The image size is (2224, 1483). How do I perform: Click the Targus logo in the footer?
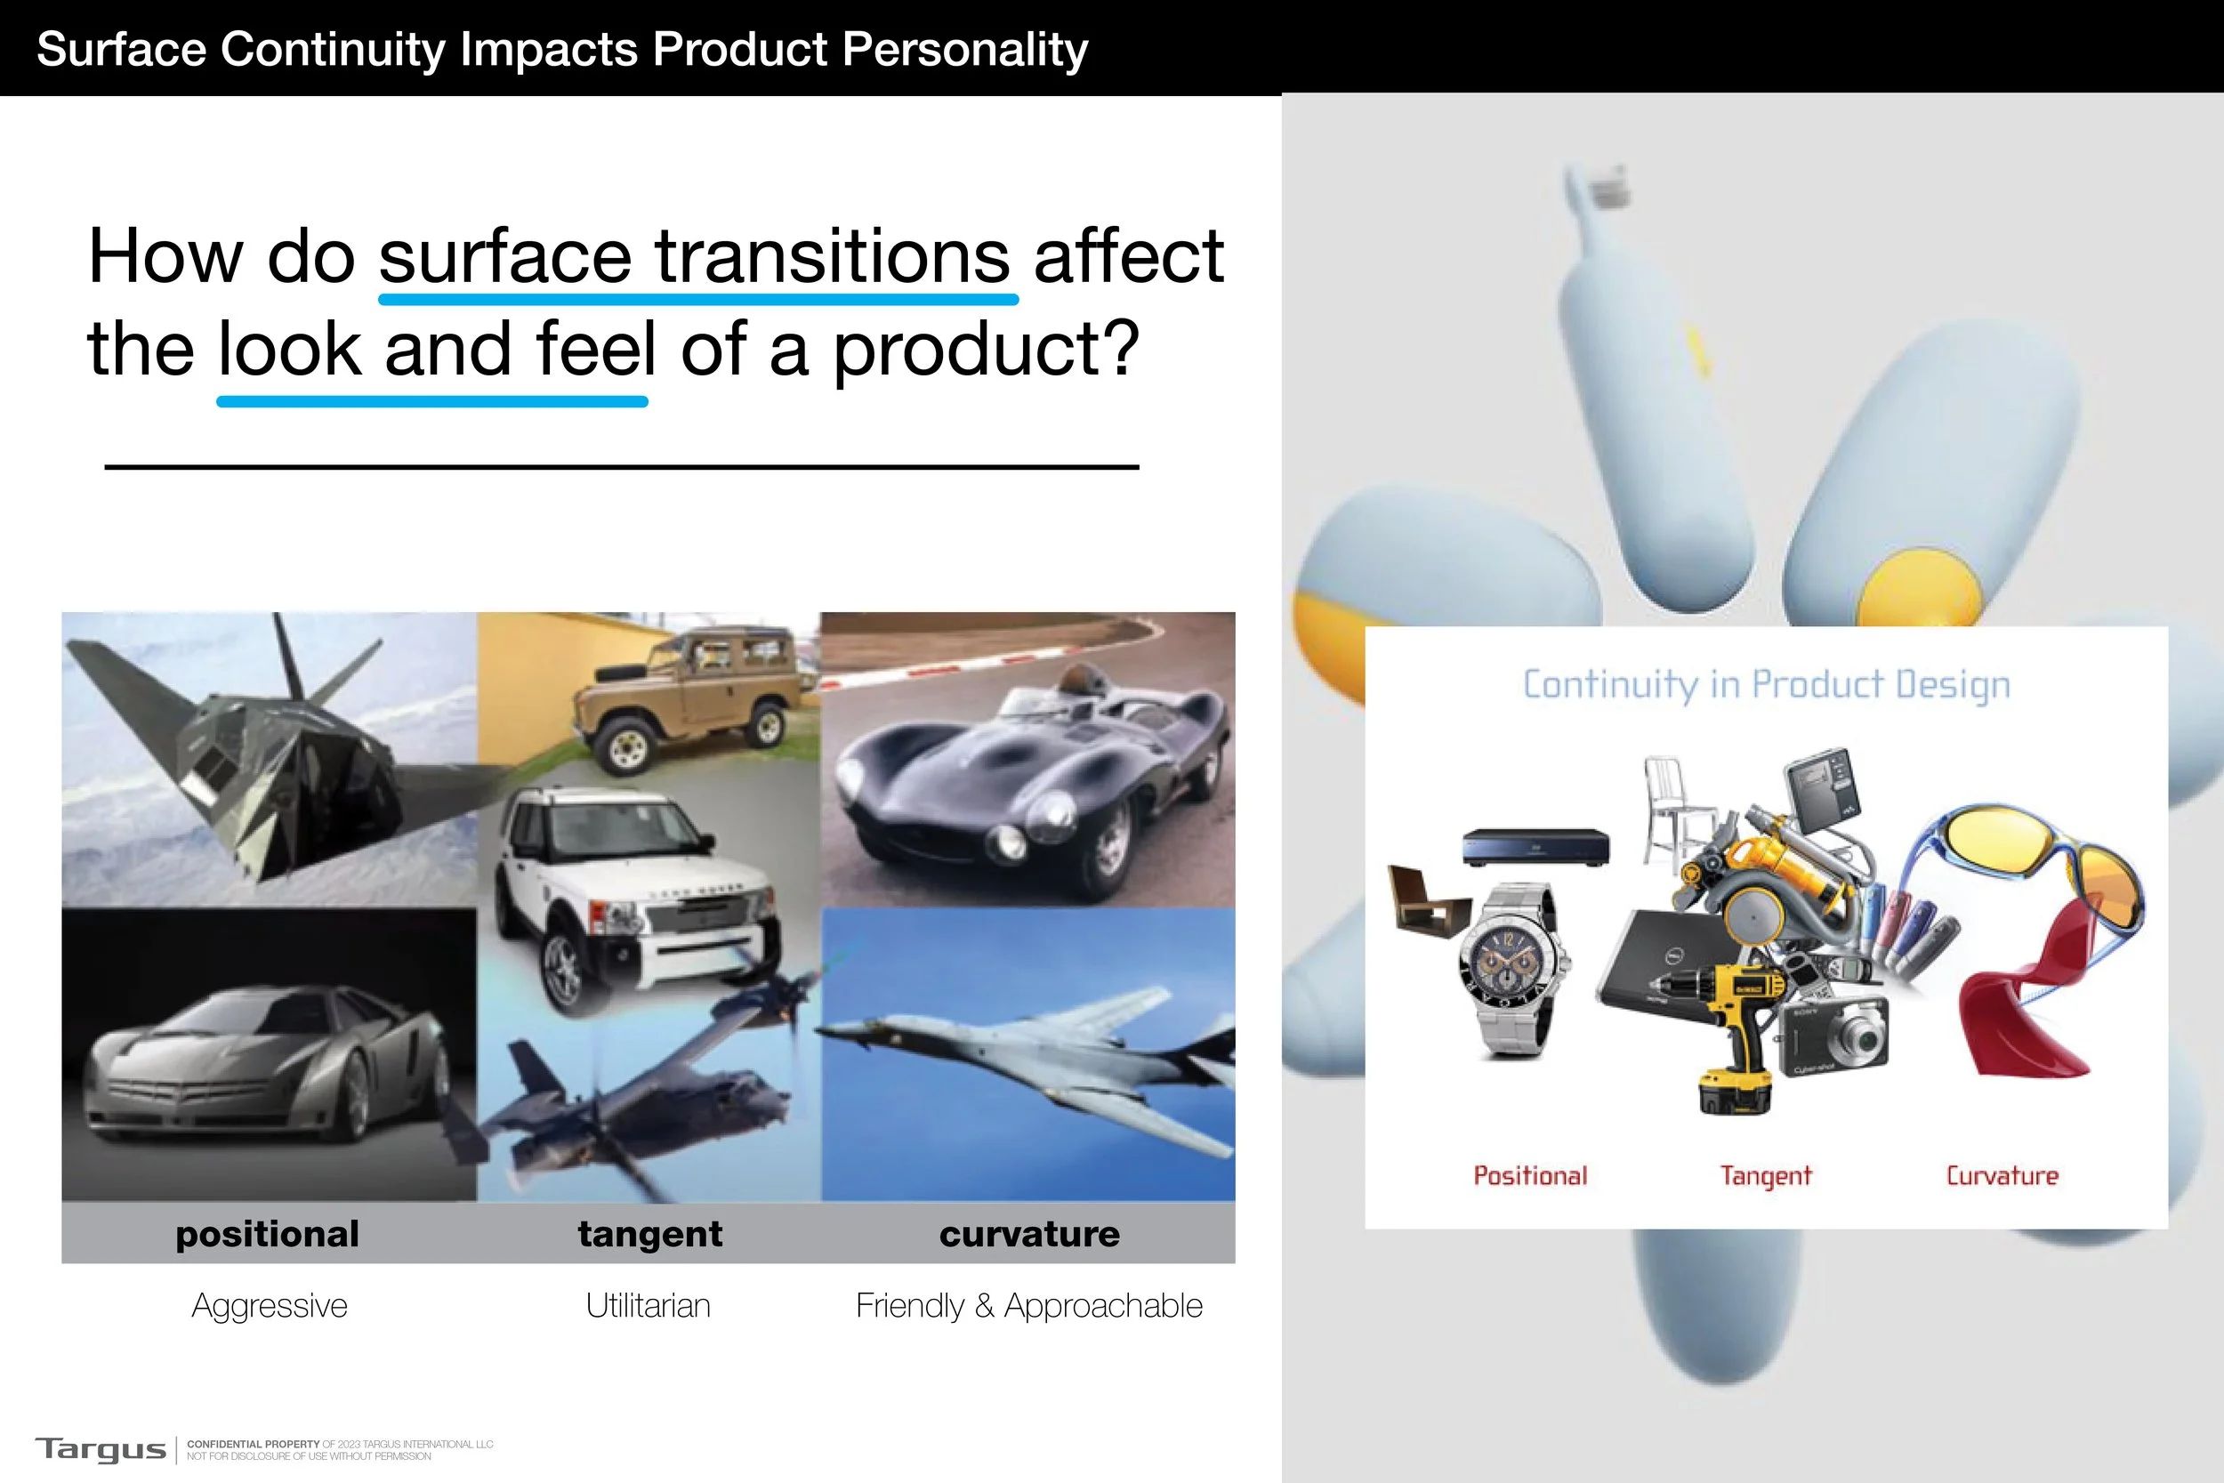(x=101, y=1449)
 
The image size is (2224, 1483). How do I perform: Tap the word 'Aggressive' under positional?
(x=270, y=1305)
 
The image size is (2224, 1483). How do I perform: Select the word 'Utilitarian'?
(x=648, y=1305)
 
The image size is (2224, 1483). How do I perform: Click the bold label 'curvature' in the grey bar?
(x=1028, y=1234)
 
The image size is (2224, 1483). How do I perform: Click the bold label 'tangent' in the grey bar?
(x=649, y=1234)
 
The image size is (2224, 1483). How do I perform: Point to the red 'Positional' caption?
(x=1530, y=1175)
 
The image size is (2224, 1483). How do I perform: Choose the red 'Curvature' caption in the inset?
(x=2002, y=1175)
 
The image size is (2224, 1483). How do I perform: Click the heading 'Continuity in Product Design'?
(x=1765, y=684)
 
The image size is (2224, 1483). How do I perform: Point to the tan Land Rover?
(x=695, y=690)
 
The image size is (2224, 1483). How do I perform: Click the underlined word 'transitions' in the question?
(x=832, y=257)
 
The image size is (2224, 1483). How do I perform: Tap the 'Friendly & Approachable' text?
(x=1028, y=1305)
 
